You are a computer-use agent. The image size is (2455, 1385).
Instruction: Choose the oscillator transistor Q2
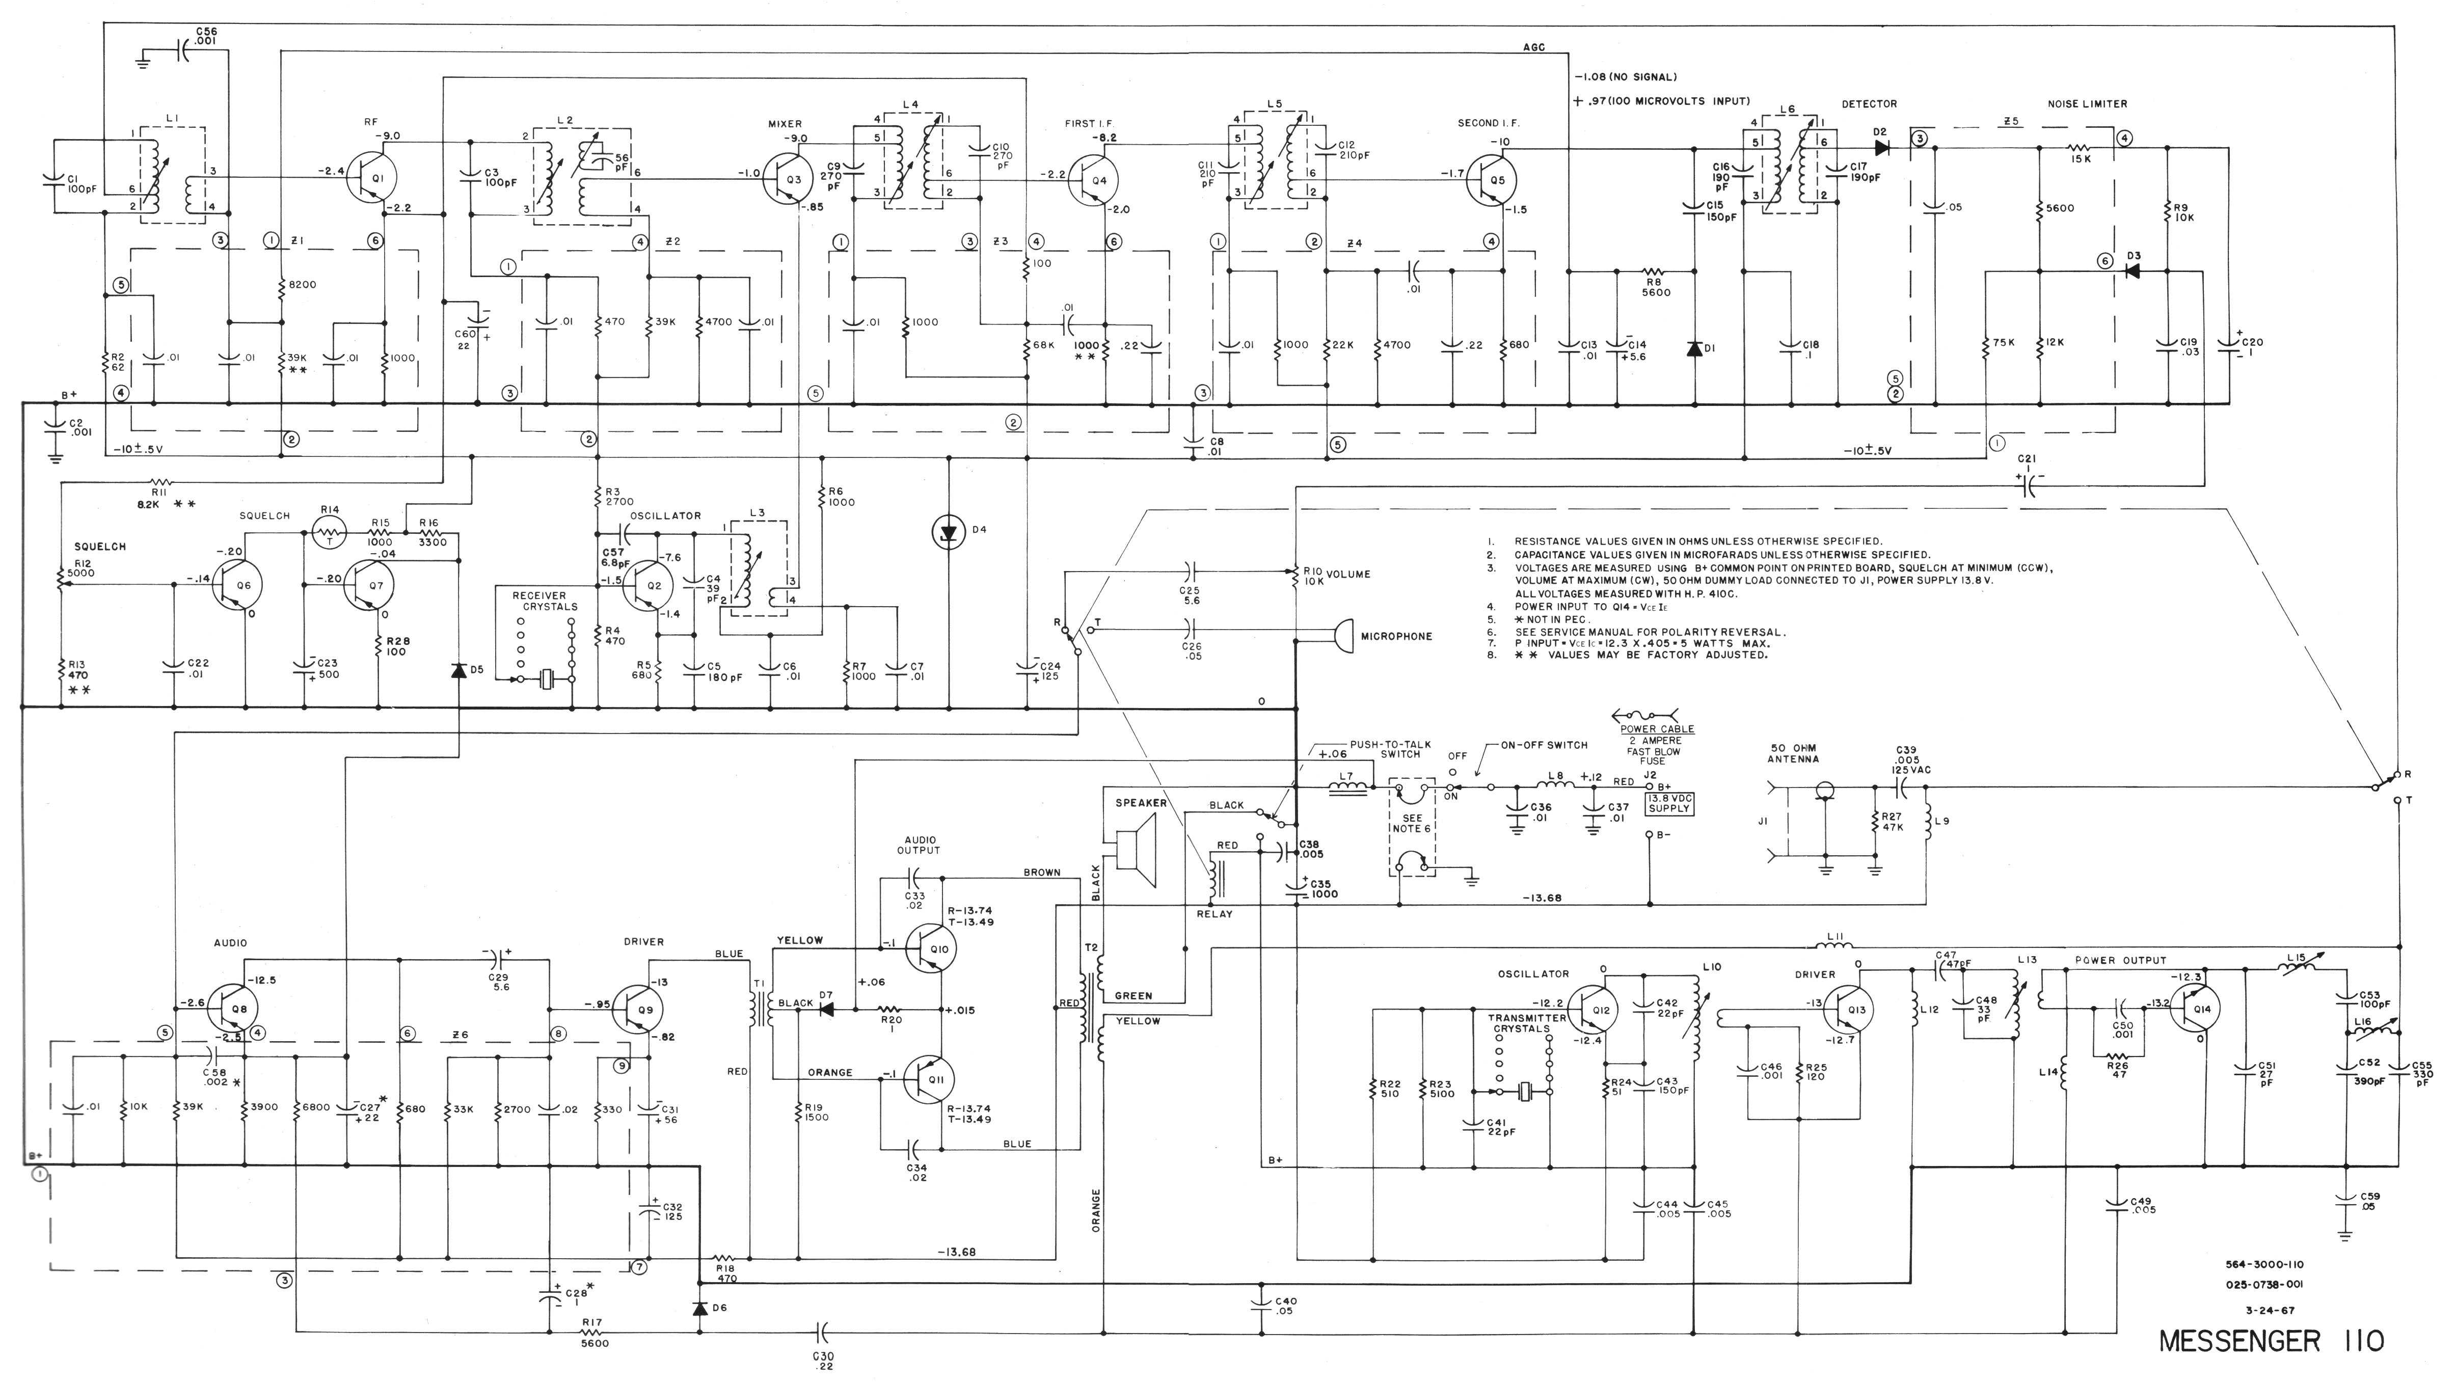648,585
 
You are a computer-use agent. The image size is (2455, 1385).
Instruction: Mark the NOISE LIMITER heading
2087,104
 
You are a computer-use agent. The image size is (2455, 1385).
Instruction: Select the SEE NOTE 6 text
1412,823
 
